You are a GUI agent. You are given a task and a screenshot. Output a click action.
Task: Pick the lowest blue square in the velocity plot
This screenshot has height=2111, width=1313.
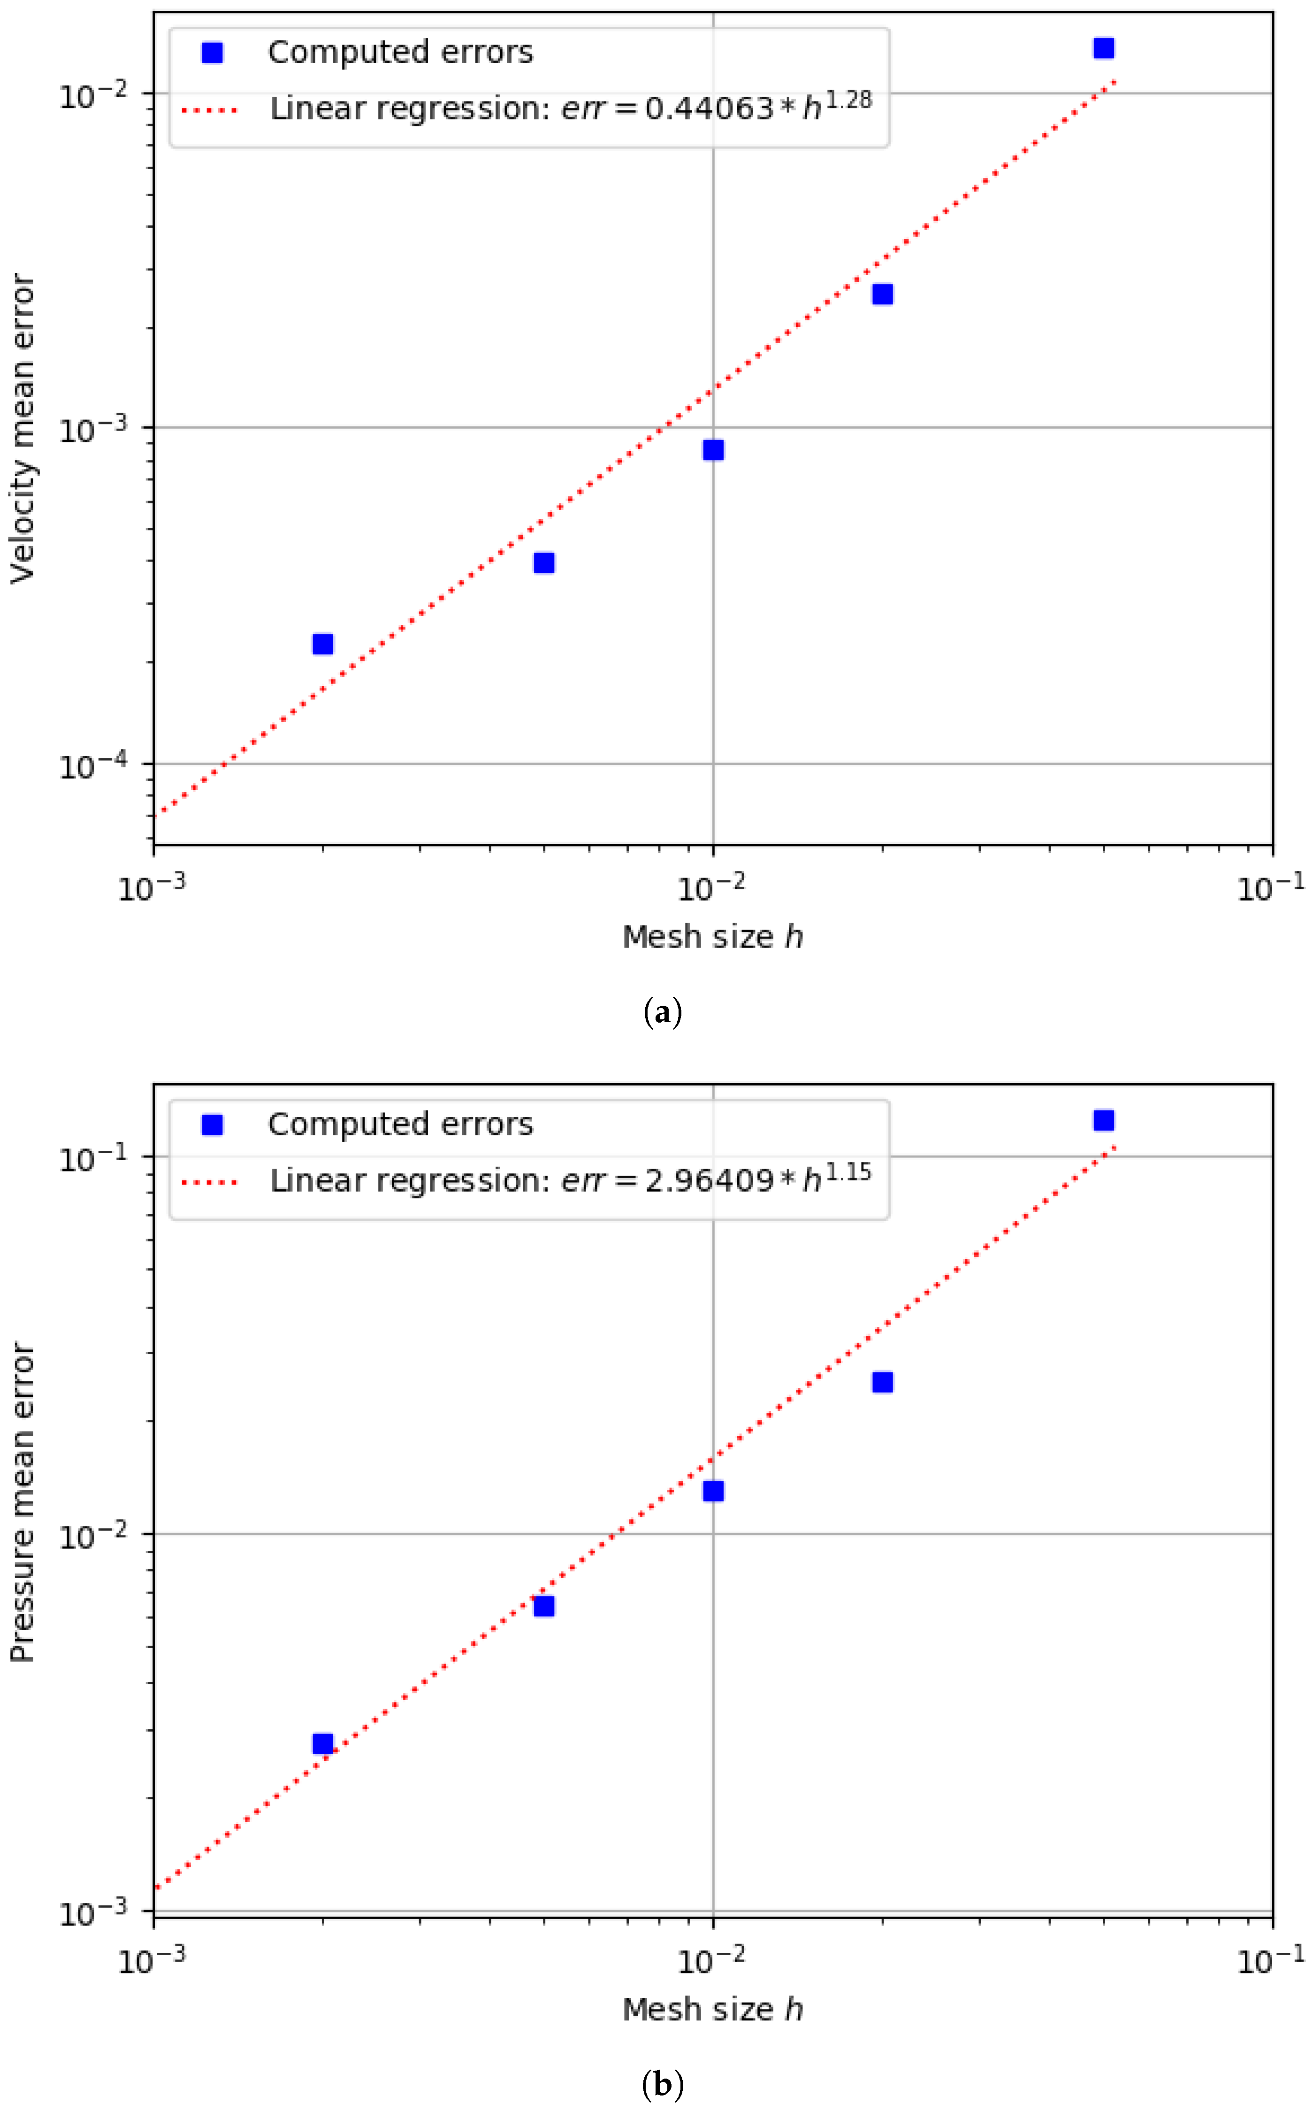coord(323,644)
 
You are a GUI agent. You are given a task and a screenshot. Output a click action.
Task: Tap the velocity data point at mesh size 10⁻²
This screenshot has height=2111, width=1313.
coord(713,449)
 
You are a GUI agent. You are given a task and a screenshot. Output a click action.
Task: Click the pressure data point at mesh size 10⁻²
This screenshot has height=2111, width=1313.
coord(713,1491)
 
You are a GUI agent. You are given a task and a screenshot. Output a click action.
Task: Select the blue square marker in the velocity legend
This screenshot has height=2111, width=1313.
coord(212,53)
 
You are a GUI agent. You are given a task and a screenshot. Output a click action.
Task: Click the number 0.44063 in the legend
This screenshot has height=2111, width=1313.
coord(709,108)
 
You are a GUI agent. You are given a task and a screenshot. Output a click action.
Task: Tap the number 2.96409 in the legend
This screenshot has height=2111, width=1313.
coord(709,1180)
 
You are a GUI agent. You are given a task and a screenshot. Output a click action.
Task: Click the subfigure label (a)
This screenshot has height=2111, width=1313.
coord(663,1013)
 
